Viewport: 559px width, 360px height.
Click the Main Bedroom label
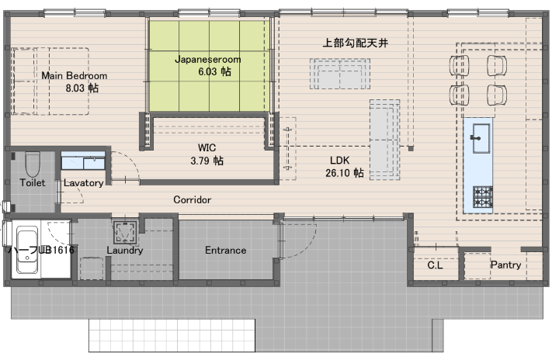(x=75, y=75)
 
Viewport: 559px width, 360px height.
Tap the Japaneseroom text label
(x=208, y=59)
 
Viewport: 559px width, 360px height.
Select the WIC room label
(x=207, y=147)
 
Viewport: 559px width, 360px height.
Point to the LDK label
(x=340, y=160)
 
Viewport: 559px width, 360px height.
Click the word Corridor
(x=193, y=199)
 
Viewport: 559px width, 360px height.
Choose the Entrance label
(x=226, y=251)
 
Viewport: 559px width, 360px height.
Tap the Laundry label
(x=125, y=251)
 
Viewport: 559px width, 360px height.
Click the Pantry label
(x=505, y=265)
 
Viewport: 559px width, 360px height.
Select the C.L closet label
(x=435, y=265)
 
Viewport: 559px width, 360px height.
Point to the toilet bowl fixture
(x=33, y=164)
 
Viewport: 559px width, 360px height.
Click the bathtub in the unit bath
(x=27, y=251)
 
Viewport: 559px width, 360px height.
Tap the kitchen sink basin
(x=481, y=138)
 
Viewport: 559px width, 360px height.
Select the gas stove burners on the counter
(x=483, y=197)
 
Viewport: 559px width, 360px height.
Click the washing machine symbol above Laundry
(x=125, y=232)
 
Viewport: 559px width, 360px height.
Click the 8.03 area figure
(x=75, y=88)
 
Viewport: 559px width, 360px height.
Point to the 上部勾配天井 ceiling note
(x=355, y=43)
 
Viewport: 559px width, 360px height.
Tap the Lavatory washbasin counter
(x=83, y=161)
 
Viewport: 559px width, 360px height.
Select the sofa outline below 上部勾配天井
(x=340, y=74)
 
